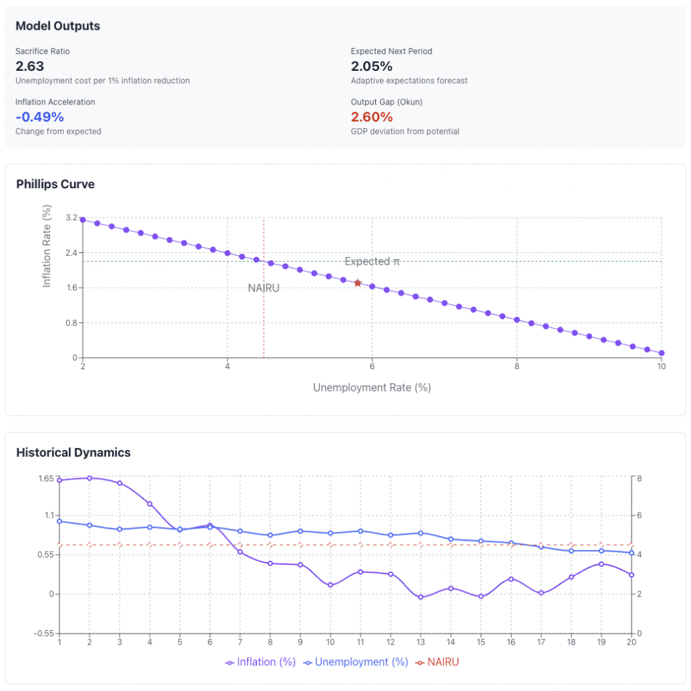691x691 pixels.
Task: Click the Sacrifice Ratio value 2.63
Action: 30,66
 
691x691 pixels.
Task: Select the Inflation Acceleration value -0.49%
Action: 39,117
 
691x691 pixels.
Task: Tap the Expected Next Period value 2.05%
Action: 372,66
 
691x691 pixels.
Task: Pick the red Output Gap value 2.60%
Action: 372,117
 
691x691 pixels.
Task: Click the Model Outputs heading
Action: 57,26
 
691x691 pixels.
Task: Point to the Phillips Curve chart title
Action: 55,184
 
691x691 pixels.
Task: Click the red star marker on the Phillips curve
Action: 358,283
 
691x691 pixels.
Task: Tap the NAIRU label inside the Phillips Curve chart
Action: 263,288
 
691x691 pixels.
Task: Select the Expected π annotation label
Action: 372,261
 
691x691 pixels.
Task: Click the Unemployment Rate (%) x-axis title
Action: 372,388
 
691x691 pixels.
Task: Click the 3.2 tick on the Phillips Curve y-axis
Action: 72,218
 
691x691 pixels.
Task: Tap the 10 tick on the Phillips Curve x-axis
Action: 661,366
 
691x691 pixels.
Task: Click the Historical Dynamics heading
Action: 73,452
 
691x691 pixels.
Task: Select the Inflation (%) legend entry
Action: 260,662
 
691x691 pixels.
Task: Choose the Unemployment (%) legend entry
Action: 356,662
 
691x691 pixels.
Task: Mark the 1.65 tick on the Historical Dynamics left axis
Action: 45,478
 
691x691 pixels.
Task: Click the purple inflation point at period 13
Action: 420,597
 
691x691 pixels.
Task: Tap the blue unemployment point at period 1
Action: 59,521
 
